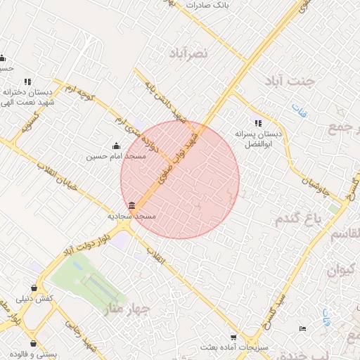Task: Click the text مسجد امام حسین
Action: coord(115,157)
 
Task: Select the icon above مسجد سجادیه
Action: coord(133,205)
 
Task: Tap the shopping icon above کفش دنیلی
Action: coord(34,288)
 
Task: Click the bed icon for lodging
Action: coord(302,329)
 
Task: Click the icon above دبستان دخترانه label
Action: coord(28,82)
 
